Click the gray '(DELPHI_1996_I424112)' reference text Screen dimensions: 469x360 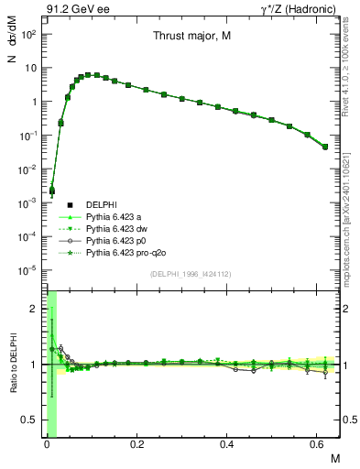pyautogui.click(x=191, y=273)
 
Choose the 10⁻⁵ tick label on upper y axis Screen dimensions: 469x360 pyautogui.click(x=29, y=270)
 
